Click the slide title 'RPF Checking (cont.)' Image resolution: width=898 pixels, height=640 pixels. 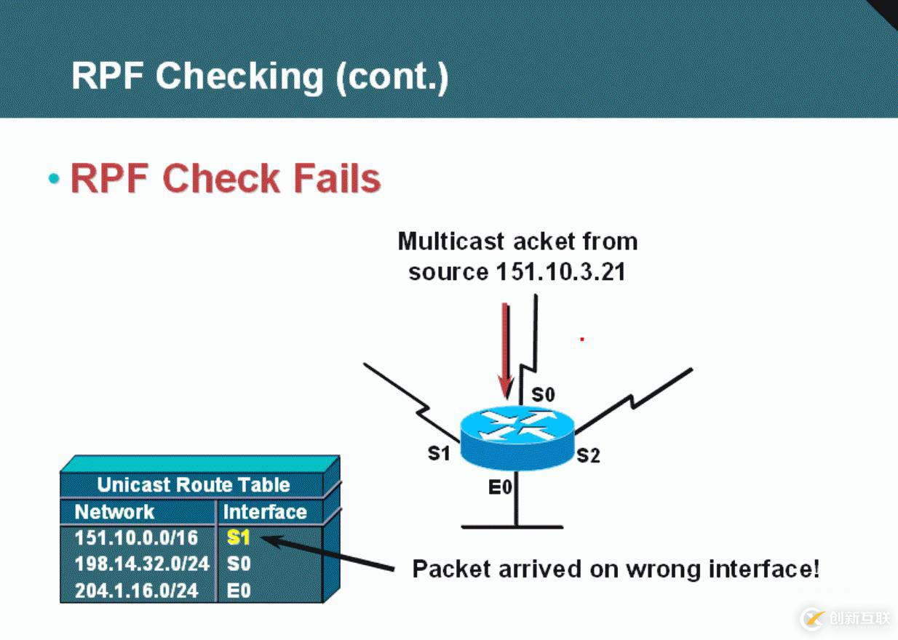[x=260, y=76]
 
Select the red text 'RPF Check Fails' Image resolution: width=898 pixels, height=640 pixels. [x=225, y=178]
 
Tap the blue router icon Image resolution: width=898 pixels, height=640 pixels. [x=517, y=436]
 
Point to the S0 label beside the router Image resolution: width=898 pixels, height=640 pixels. [x=543, y=395]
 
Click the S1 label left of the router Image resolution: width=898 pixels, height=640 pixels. [x=439, y=454]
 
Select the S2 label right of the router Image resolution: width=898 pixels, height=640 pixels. [x=588, y=456]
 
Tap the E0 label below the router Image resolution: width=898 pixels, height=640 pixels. [x=500, y=488]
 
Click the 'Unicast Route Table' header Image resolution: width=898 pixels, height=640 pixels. [x=193, y=485]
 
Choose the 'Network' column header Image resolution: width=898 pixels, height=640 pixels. [x=114, y=512]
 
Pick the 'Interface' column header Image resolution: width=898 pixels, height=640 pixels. [x=264, y=512]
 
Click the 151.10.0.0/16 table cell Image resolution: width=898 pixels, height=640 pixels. [x=136, y=538]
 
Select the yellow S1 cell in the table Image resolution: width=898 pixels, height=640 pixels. [x=239, y=538]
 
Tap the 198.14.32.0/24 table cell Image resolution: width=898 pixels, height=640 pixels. [x=142, y=564]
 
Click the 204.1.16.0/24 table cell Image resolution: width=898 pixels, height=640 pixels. [x=136, y=590]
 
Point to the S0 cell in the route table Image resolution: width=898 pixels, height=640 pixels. [x=239, y=564]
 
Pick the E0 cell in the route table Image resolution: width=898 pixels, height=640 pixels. [x=239, y=590]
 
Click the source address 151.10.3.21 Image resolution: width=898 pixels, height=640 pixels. [x=560, y=272]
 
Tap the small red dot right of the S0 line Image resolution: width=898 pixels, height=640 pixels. [x=582, y=339]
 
